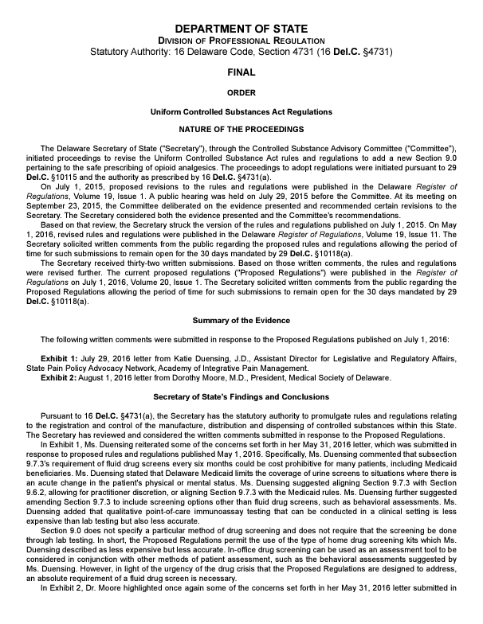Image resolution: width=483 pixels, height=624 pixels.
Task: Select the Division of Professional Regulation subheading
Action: tap(241, 41)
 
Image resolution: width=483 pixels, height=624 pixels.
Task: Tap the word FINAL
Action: tap(241, 72)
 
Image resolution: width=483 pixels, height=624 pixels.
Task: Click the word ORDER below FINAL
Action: tap(241, 92)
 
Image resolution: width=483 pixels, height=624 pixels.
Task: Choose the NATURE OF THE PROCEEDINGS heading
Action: tap(241, 128)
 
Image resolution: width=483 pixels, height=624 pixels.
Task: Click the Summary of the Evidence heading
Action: tap(241, 321)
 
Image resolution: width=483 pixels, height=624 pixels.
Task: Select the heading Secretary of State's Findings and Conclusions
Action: tap(241, 396)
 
